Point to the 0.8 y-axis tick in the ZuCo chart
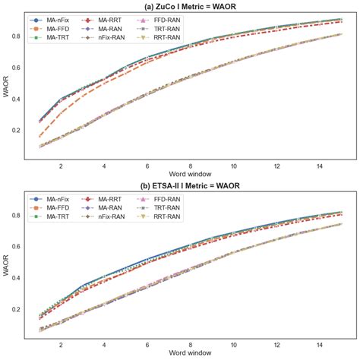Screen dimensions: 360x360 [21, 36]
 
